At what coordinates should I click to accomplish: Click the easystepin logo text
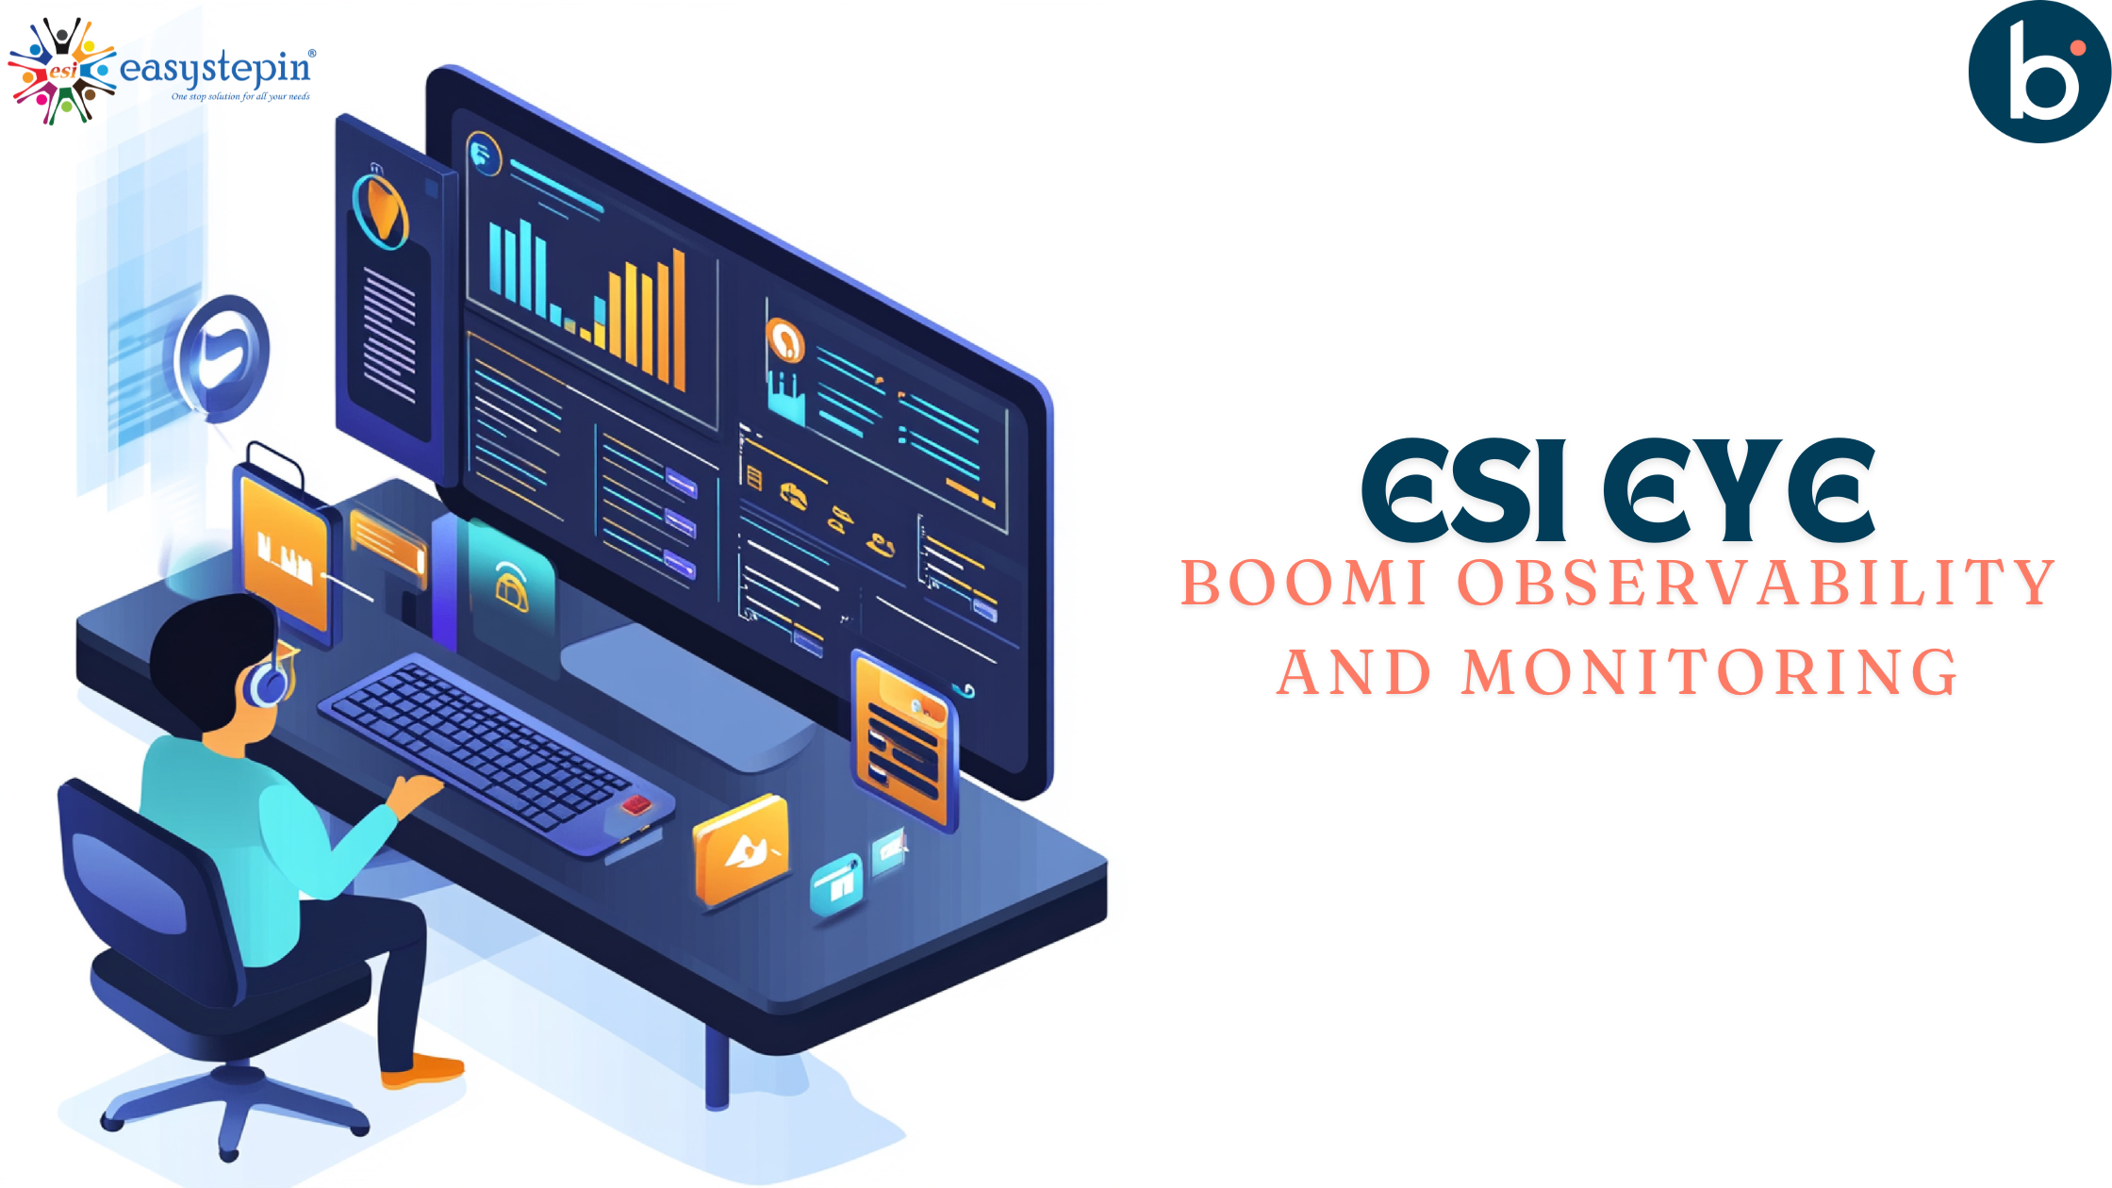click(218, 68)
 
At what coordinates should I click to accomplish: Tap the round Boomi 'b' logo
click(2039, 72)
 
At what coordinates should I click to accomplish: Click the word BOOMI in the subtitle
click(1303, 582)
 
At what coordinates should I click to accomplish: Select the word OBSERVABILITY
click(1757, 582)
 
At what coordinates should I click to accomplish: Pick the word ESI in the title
click(1463, 490)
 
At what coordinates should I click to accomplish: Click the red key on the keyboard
click(635, 803)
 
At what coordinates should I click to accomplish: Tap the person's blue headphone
click(268, 683)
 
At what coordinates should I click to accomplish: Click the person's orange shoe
click(422, 1070)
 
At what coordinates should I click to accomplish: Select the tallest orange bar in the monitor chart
click(679, 319)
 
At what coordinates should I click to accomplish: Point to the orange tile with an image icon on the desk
click(741, 850)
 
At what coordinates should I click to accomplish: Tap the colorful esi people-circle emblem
click(62, 71)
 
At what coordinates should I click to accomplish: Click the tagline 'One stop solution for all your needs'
click(240, 96)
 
